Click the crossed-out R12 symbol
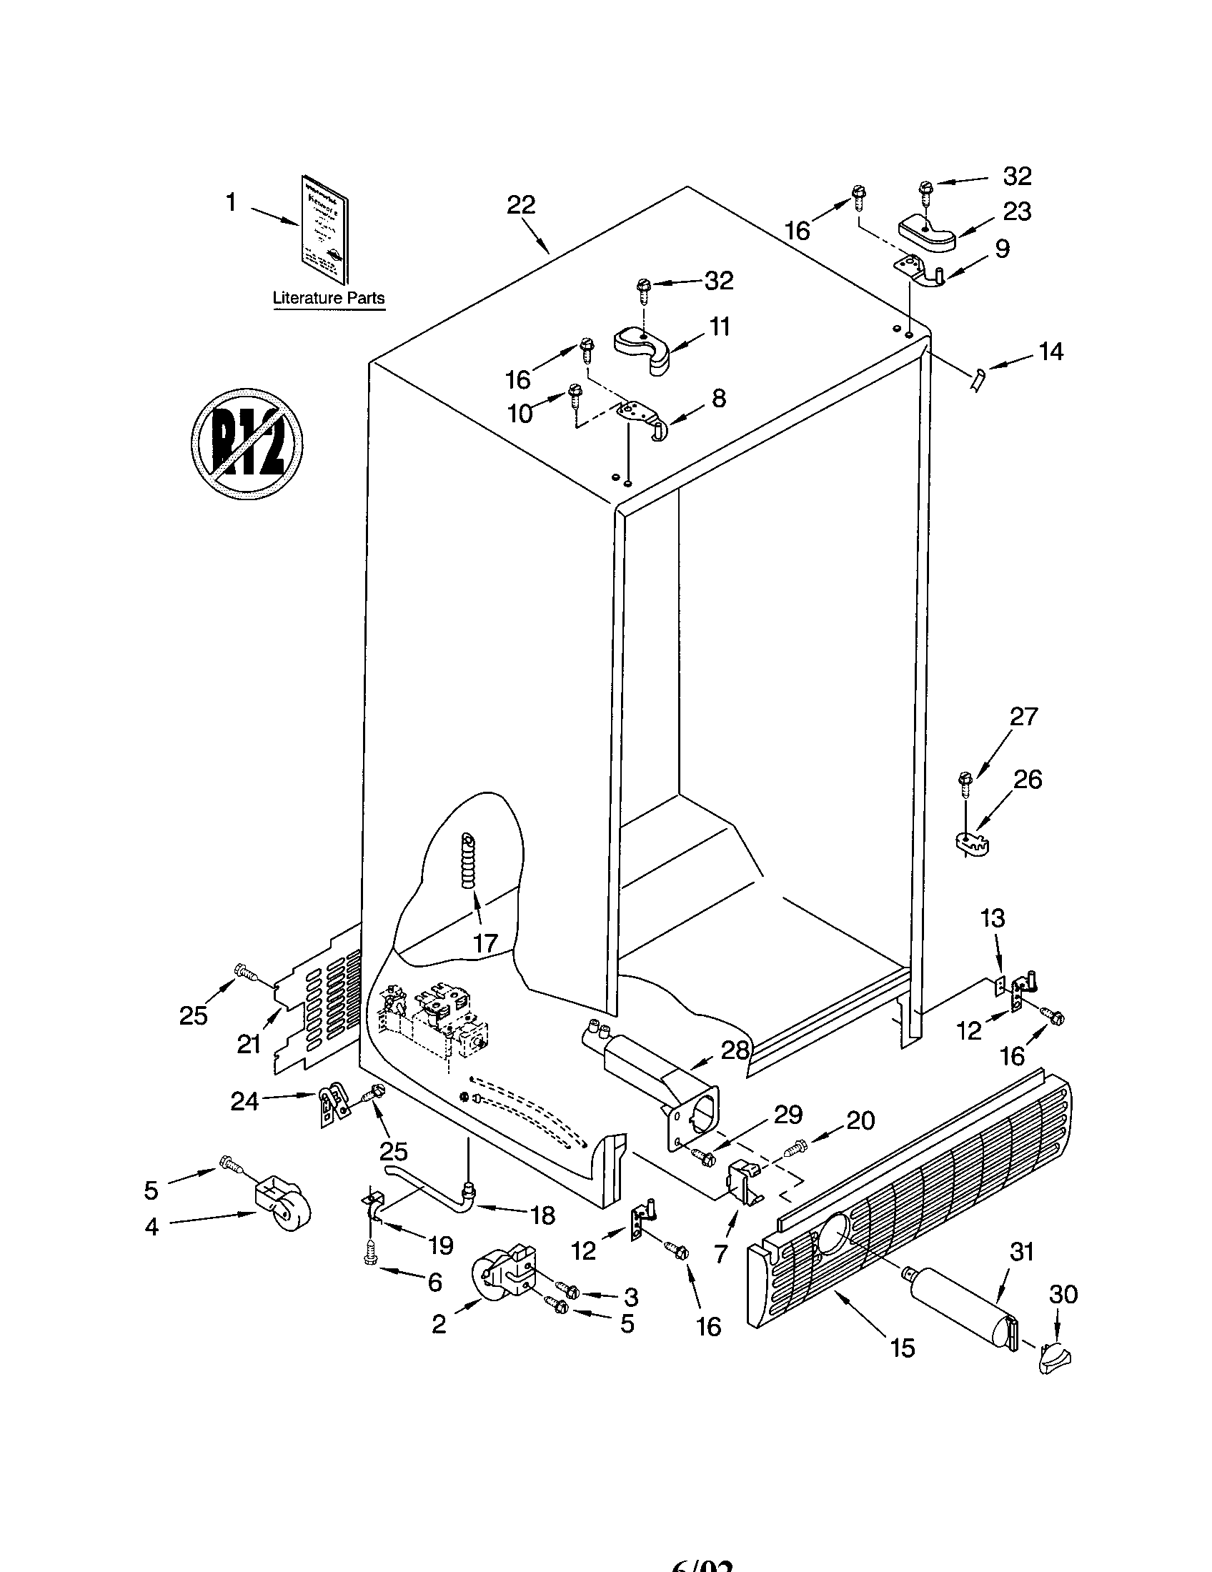pyautogui.click(x=246, y=444)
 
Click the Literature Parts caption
pyautogui.click(x=328, y=298)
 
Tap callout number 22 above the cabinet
pyautogui.click(x=520, y=206)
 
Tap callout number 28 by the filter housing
pyautogui.click(x=735, y=1050)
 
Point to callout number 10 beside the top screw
pyautogui.click(x=520, y=413)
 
